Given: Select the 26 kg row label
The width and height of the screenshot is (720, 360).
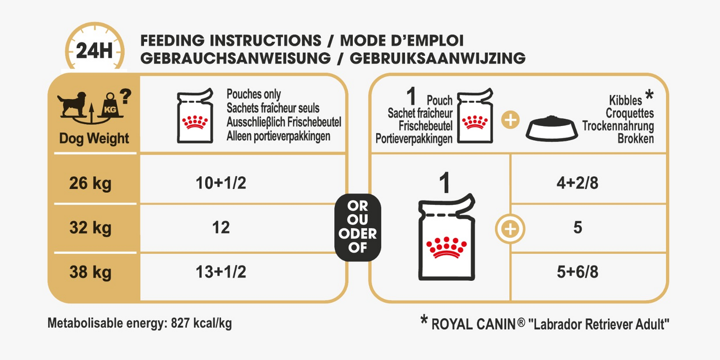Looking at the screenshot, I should point(91,183).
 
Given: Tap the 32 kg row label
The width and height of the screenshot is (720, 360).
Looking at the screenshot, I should point(91,228).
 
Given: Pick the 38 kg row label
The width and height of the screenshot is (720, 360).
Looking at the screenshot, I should point(91,272).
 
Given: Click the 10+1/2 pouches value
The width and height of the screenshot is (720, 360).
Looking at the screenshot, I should point(221,183).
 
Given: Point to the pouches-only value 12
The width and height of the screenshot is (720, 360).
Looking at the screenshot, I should point(221,228).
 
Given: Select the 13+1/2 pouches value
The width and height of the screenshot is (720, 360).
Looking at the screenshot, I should point(221,272).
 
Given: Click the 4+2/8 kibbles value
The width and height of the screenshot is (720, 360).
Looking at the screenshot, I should point(577,183).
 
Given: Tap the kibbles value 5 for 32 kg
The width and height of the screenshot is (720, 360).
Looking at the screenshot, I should point(577,228).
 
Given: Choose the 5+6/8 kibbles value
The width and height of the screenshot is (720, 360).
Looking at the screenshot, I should point(577,272).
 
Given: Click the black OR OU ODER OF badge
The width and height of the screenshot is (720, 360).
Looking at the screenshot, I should point(357,227).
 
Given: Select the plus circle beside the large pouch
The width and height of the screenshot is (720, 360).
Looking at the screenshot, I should point(510,229).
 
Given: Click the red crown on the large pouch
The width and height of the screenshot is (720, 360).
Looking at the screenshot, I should point(446,246).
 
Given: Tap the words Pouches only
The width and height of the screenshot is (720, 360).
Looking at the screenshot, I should point(254,94).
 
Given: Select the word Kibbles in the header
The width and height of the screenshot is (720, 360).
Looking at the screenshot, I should point(625,101).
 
